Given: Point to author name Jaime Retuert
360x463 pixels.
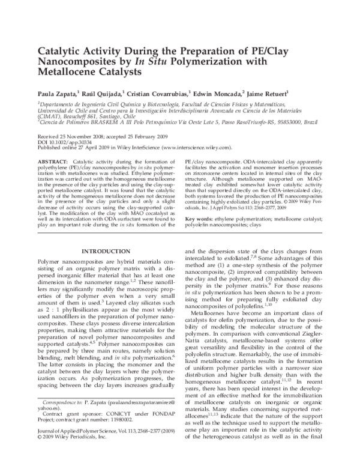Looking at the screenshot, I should pos(268,94).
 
